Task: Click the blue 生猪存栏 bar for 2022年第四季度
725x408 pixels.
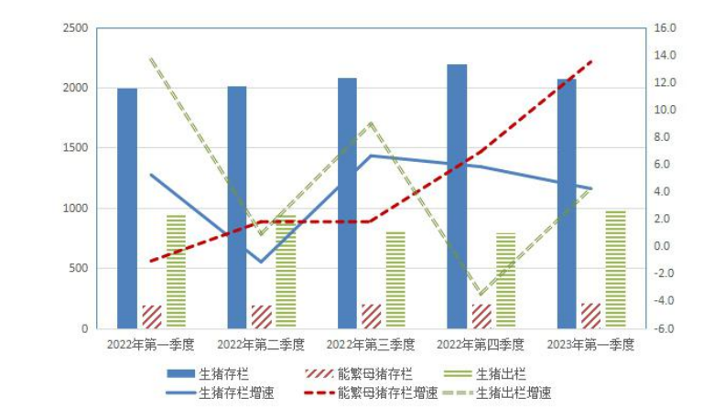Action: click(x=457, y=197)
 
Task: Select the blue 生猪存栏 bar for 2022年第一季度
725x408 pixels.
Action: click(x=127, y=209)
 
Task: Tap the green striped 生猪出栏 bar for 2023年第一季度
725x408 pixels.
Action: click(x=615, y=269)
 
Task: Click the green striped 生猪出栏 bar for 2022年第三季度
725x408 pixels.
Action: click(x=395, y=280)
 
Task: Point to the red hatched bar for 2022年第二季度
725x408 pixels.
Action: click(x=262, y=317)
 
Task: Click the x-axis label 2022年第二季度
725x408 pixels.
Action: click(x=261, y=345)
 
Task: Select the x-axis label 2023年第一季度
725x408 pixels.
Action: click(x=590, y=345)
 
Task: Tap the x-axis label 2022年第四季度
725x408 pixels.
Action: click(x=481, y=345)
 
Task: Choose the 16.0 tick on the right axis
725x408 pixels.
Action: click(x=665, y=28)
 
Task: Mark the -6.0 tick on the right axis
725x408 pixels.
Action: click(x=665, y=328)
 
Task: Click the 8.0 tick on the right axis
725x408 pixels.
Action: click(x=665, y=137)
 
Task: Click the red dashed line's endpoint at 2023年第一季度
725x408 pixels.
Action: click(x=591, y=61)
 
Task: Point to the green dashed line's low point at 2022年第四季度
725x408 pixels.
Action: click(x=482, y=295)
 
